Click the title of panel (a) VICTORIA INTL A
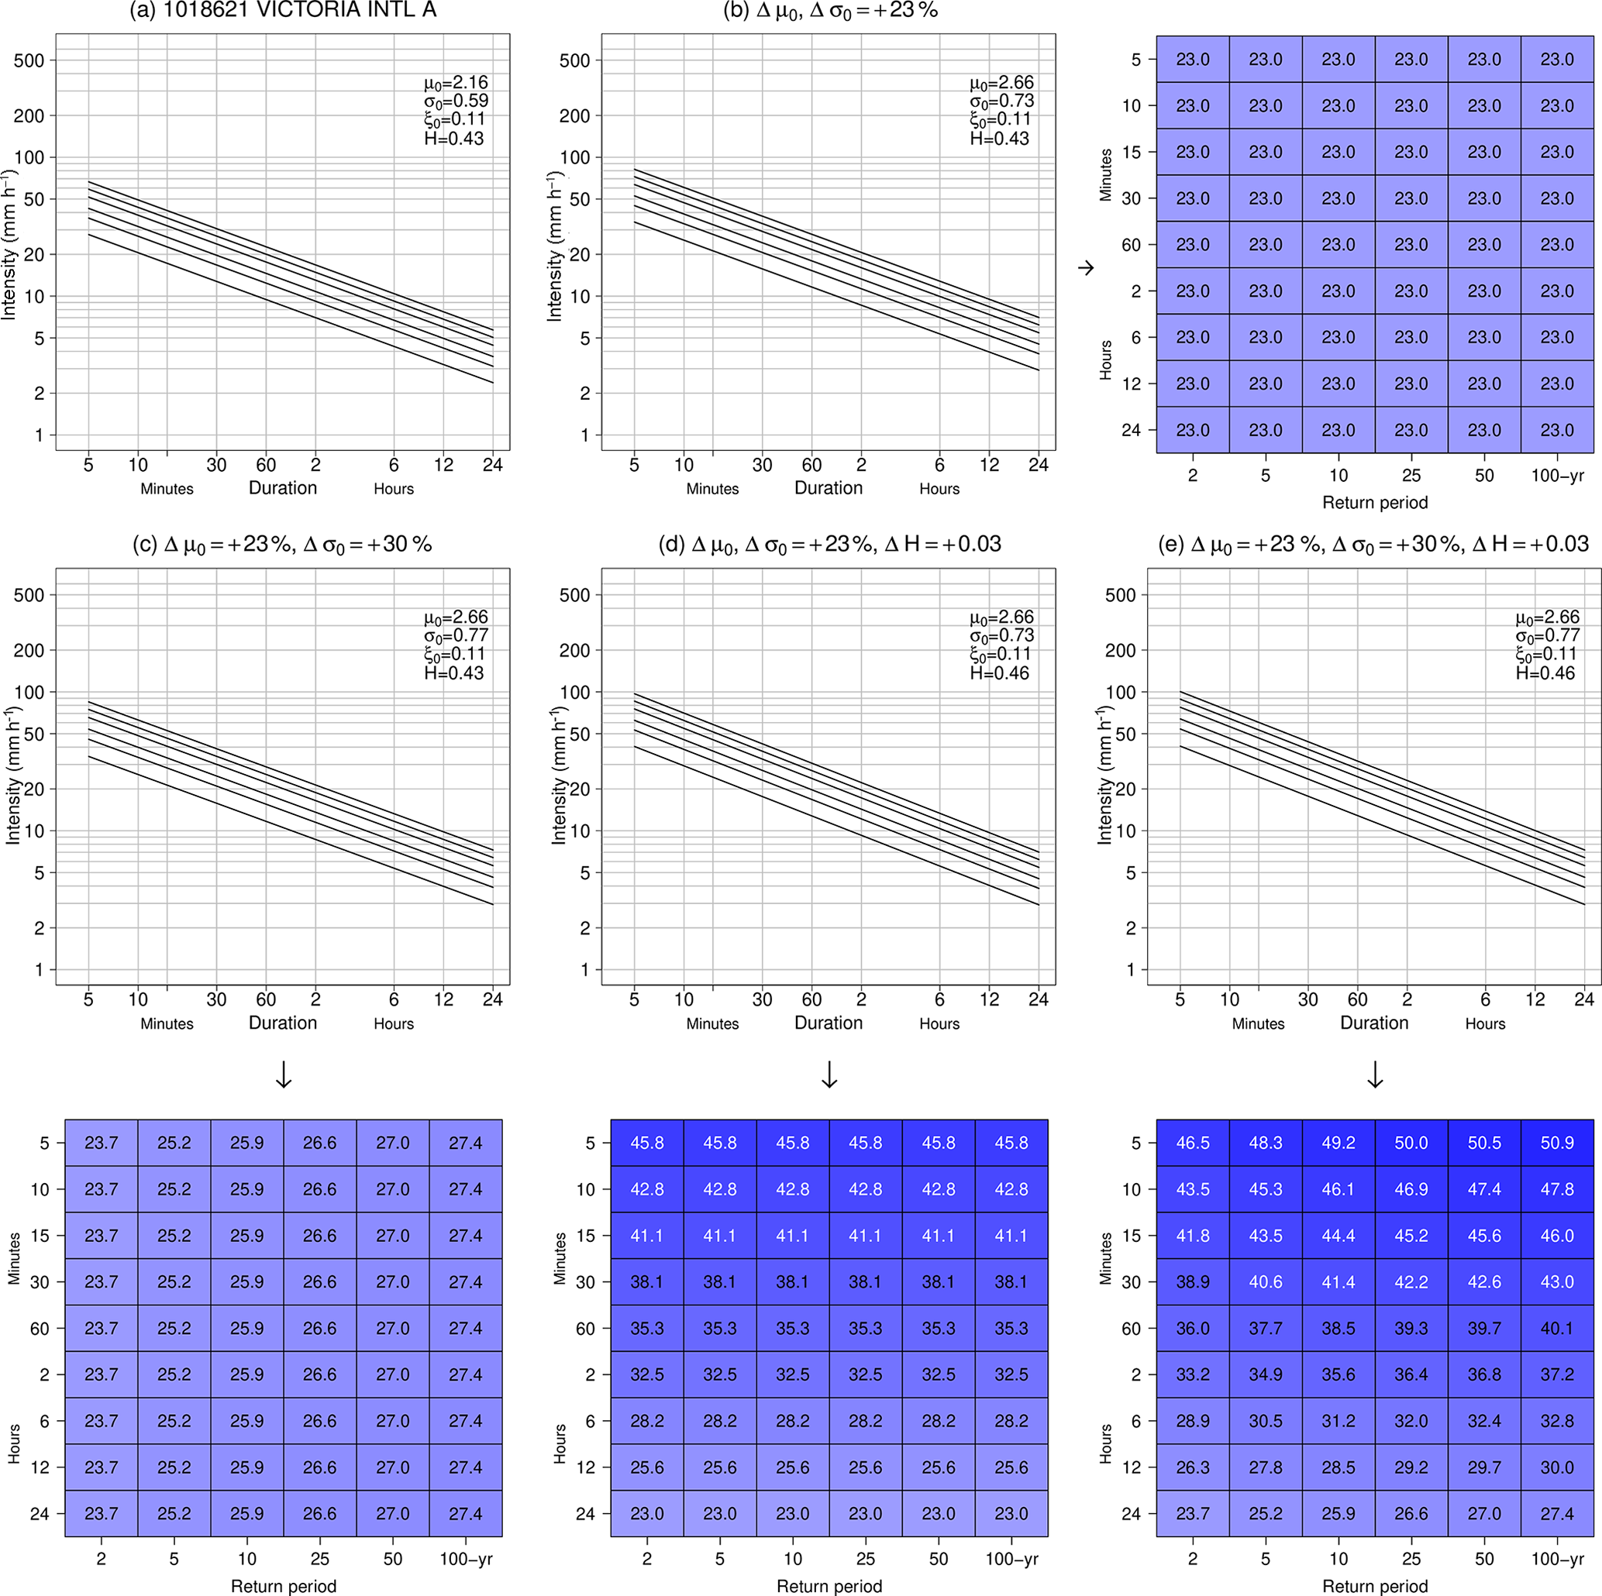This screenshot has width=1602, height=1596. click(283, 11)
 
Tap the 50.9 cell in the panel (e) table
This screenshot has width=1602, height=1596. click(1556, 1143)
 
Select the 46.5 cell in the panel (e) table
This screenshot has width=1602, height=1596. click(1192, 1143)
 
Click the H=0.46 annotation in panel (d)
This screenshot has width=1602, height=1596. click(999, 673)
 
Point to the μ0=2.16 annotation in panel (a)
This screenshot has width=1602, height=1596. click(456, 83)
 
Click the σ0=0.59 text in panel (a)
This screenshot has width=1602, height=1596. click(456, 101)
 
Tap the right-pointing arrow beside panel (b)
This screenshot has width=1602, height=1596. click(1085, 268)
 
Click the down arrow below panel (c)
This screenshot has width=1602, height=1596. click(284, 1075)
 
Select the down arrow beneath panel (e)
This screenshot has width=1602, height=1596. click(1375, 1075)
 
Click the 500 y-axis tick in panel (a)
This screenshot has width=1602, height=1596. click(29, 60)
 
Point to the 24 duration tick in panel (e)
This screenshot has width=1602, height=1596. click(1583, 999)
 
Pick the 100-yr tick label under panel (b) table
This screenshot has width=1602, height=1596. click(1556, 476)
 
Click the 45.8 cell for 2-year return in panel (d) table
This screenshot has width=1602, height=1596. click(647, 1143)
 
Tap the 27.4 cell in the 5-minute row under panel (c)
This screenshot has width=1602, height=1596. click(465, 1143)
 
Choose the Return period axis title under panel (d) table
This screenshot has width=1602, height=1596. click(829, 1586)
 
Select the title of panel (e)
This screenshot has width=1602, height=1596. click(1373, 545)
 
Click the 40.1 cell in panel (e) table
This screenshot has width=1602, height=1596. click(1556, 1328)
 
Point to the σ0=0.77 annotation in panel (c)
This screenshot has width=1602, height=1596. click(456, 636)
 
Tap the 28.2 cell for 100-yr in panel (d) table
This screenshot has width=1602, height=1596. click(1011, 1421)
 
